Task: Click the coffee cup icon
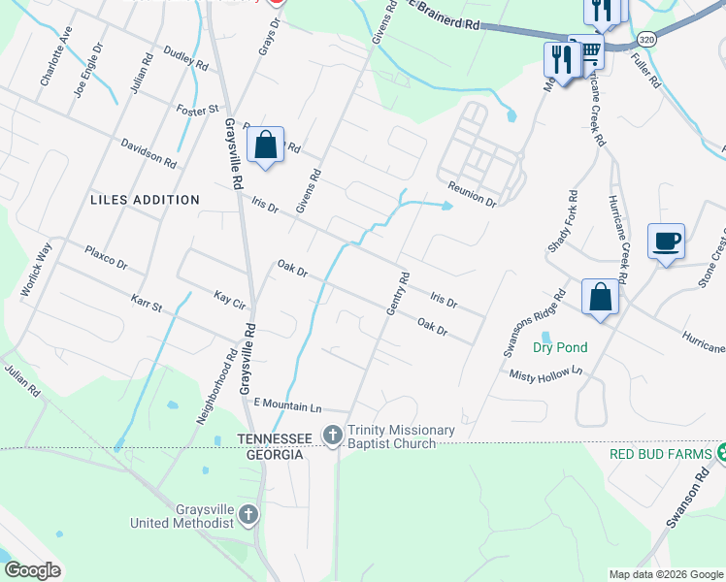click(666, 240)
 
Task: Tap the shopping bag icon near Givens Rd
click(266, 145)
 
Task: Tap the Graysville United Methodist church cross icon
click(249, 514)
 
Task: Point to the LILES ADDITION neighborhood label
click(145, 200)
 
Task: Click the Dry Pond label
click(560, 347)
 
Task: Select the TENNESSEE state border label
click(276, 439)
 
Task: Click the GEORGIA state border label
click(276, 454)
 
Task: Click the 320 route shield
click(647, 38)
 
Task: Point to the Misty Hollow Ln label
click(549, 371)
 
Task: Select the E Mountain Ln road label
click(286, 404)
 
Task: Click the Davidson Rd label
click(148, 151)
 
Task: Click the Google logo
click(32, 570)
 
